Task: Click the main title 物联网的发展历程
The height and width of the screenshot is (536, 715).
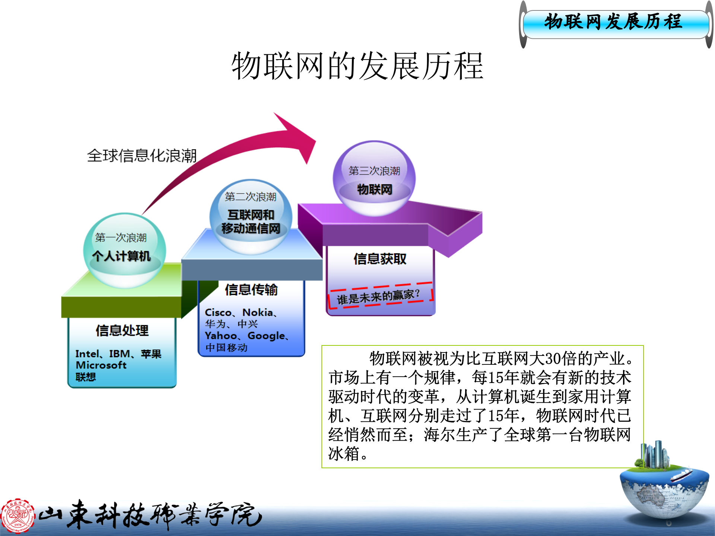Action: [357, 66]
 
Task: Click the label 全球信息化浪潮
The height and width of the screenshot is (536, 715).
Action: [142, 156]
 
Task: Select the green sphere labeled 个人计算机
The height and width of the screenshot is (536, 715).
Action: [124, 249]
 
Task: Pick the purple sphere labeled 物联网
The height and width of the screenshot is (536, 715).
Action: [374, 178]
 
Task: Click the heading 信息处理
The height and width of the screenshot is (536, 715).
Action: [122, 331]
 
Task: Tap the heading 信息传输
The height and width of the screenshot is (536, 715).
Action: [251, 290]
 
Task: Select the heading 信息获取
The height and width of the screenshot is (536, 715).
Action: [380, 259]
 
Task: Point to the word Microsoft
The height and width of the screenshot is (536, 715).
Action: [101, 365]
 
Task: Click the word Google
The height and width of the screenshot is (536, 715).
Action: [266, 336]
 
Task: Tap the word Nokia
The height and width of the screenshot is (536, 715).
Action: [258, 312]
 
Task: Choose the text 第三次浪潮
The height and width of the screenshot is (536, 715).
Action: [374, 170]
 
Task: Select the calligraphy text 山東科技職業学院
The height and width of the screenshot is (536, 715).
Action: [151, 516]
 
